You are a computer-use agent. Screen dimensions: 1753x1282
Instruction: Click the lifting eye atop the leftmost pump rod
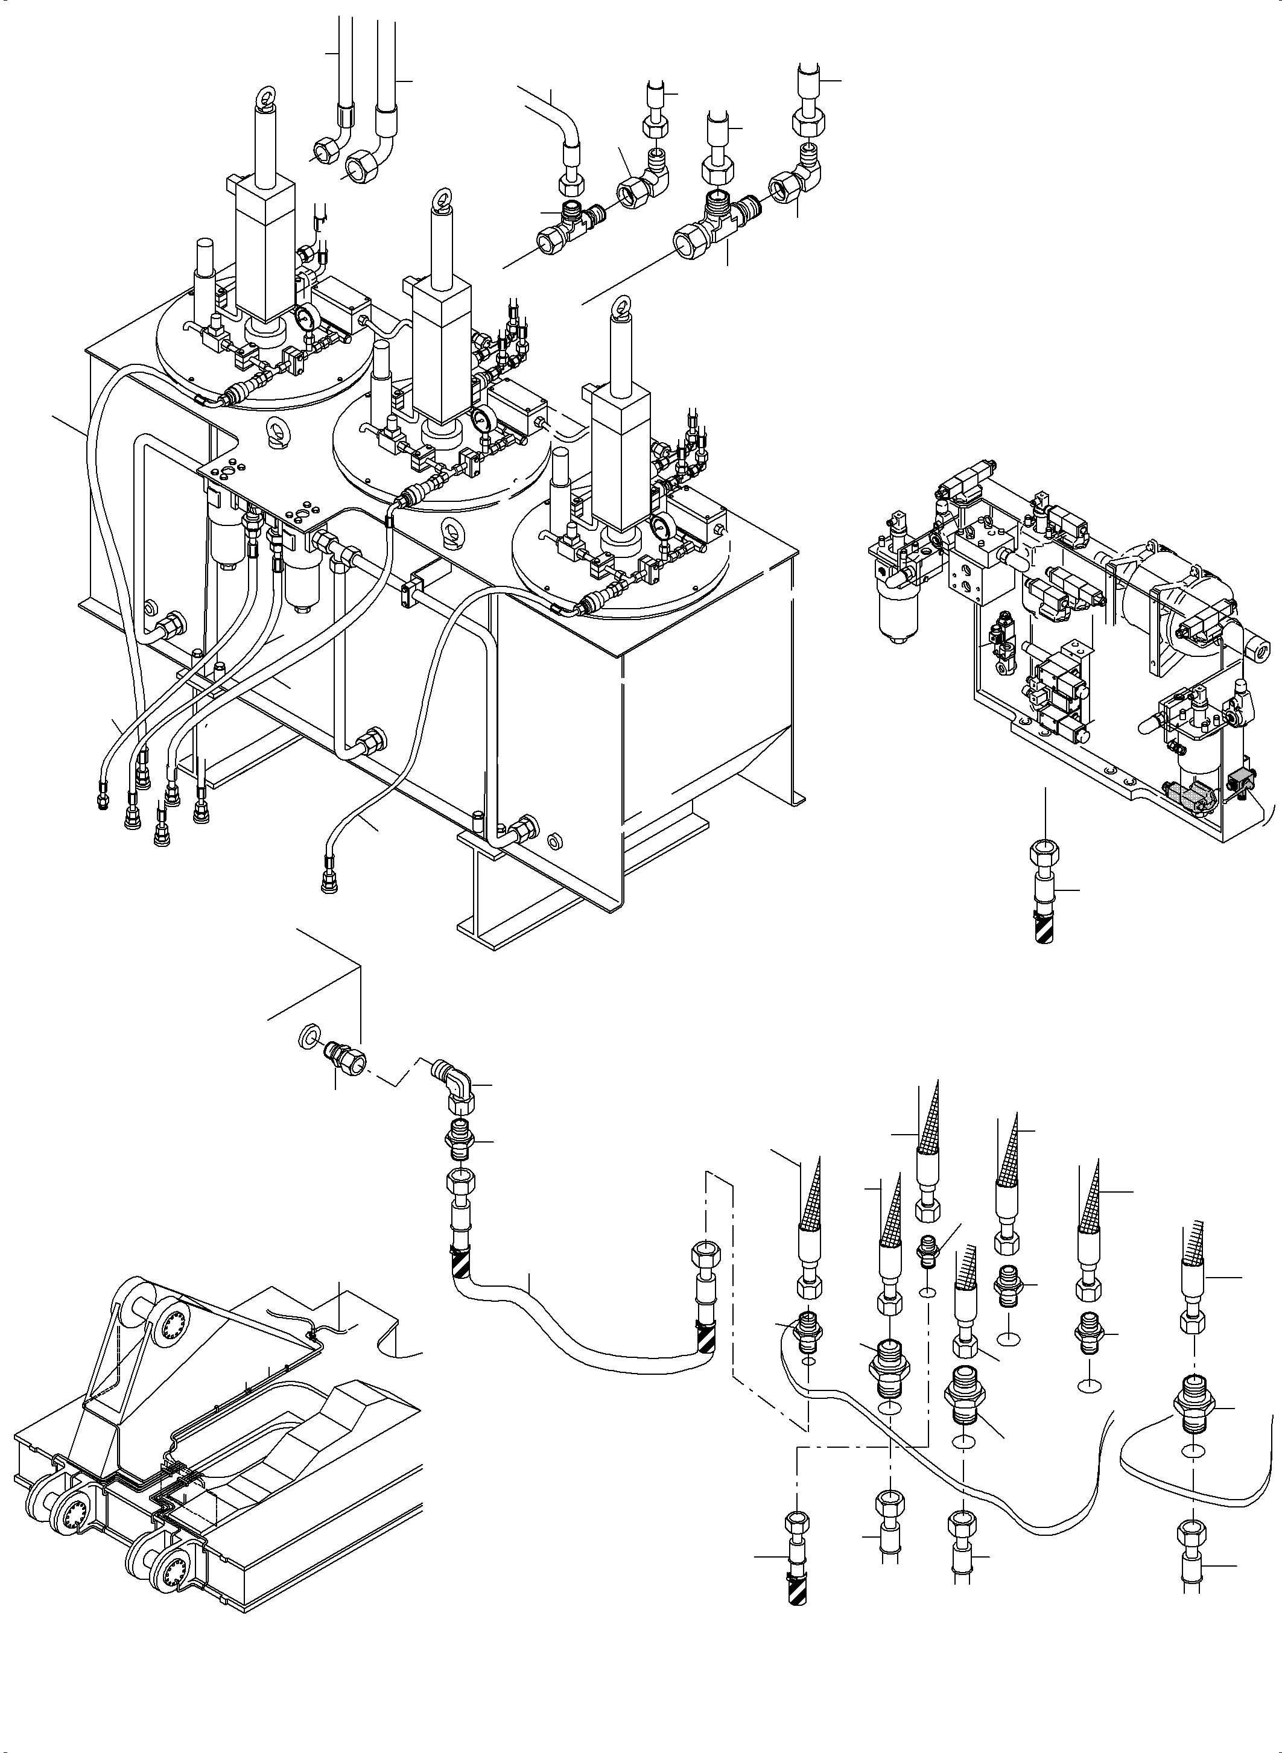pyautogui.click(x=266, y=100)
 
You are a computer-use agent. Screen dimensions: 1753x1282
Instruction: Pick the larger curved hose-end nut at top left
pyautogui.click(x=361, y=165)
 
